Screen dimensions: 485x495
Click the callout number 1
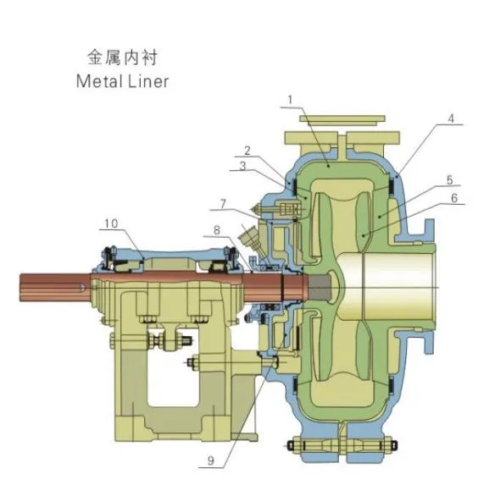pos(291,99)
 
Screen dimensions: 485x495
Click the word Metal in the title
pos(98,82)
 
